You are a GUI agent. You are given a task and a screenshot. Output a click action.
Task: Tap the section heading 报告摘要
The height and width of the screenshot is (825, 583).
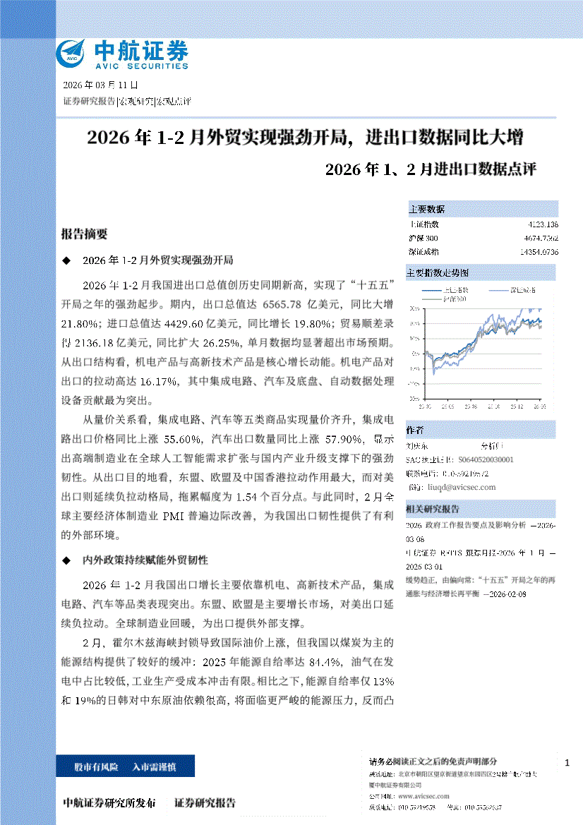coord(84,234)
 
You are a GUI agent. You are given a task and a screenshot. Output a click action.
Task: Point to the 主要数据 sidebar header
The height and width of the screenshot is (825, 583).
coord(427,210)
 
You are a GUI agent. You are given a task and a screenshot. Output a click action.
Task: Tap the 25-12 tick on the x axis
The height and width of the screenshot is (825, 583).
coord(515,407)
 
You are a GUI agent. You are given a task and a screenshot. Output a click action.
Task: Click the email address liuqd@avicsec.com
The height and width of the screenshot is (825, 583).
coord(462,487)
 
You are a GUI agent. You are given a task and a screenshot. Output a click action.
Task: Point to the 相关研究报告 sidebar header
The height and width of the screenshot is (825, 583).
coord(433,509)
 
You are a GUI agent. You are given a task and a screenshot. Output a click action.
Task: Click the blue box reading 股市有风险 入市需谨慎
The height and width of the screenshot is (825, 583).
coord(125,766)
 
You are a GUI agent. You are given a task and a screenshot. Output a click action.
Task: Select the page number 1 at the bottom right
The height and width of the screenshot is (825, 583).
coord(567,763)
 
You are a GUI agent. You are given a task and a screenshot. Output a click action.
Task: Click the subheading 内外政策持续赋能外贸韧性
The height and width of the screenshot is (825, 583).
coord(145,560)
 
